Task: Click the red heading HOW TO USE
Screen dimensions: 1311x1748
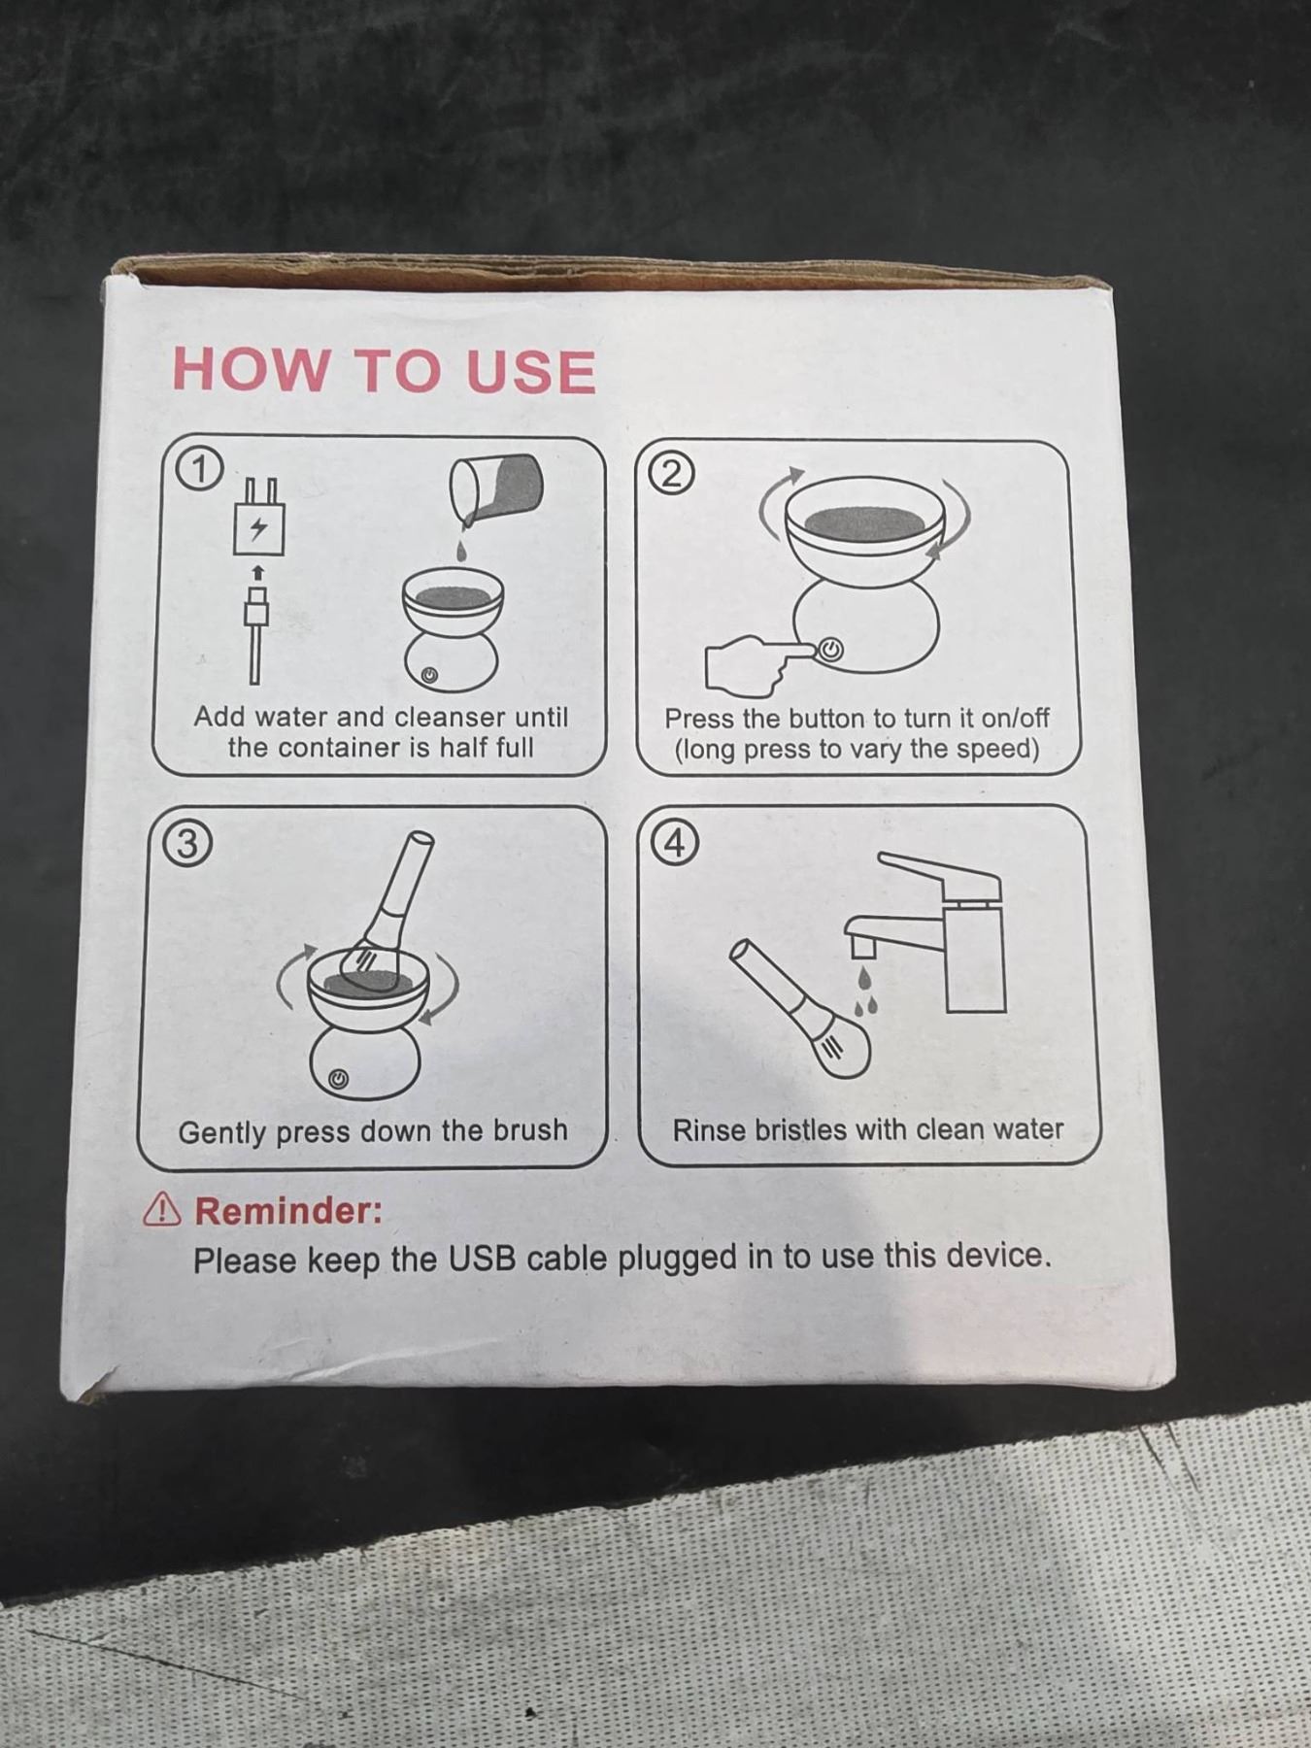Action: click(384, 371)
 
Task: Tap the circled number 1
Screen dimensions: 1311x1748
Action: click(199, 469)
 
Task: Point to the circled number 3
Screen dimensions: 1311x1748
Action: click(186, 843)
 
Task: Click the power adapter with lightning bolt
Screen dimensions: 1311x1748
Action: click(258, 518)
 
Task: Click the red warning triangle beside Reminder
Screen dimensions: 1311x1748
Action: click(161, 1210)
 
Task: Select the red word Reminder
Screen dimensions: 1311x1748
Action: click(288, 1211)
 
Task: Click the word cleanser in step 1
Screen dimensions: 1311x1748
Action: click(451, 717)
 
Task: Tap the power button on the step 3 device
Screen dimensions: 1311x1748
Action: click(337, 1079)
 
